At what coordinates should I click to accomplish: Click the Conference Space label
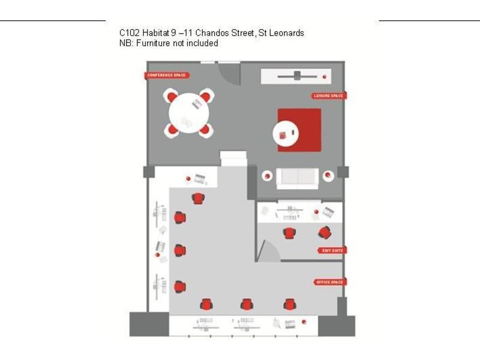[166, 76]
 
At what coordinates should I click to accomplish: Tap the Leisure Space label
[328, 96]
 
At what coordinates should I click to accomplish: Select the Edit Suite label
[331, 251]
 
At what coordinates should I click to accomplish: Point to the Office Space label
[330, 282]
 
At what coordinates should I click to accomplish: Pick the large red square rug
[299, 130]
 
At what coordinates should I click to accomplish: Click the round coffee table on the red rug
[285, 134]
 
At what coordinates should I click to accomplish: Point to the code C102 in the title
[130, 33]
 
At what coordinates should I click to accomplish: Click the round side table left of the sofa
[266, 176]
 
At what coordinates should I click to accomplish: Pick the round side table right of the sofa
[328, 176]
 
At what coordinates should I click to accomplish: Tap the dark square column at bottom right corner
[336, 325]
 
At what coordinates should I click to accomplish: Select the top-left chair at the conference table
[172, 96]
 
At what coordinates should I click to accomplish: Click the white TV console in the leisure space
[296, 76]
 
